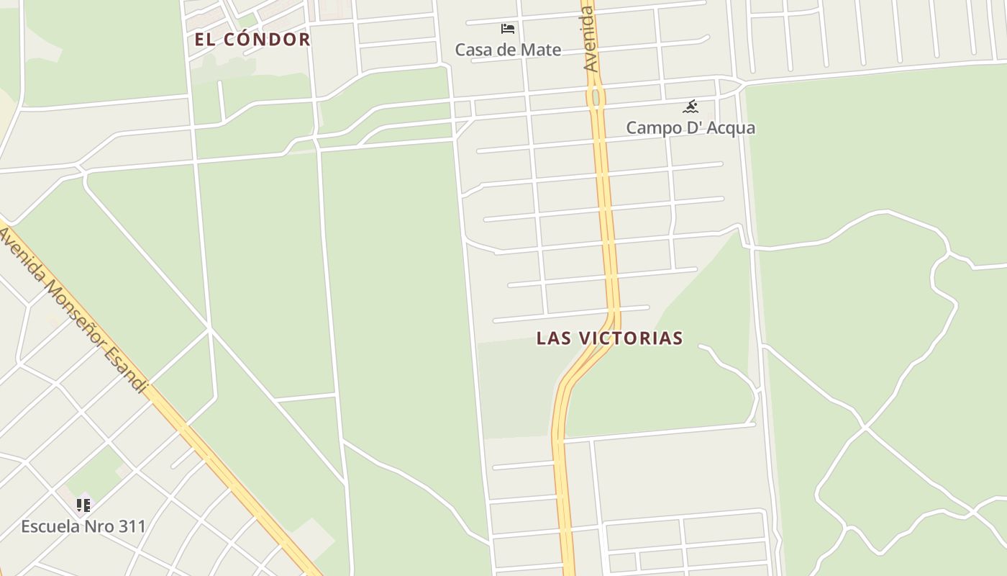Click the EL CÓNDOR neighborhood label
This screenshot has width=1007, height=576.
click(x=252, y=40)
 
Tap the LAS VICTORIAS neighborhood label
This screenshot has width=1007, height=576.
click(x=609, y=338)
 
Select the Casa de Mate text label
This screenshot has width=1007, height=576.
click(x=508, y=50)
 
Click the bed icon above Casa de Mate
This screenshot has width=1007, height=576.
click(x=508, y=29)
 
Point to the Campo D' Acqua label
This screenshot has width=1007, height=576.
click(x=691, y=128)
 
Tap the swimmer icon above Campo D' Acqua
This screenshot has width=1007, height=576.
click(x=691, y=107)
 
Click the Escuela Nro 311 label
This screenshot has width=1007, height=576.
click(x=83, y=526)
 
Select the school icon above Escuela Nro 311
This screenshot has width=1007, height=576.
click(x=83, y=505)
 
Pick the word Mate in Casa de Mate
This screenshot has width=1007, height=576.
click(x=543, y=50)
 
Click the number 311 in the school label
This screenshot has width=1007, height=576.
click(x=132, y=526)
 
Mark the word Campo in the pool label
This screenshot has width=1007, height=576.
click(x=651, y=128)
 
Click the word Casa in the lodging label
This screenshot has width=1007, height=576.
click(x=472, y=50)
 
